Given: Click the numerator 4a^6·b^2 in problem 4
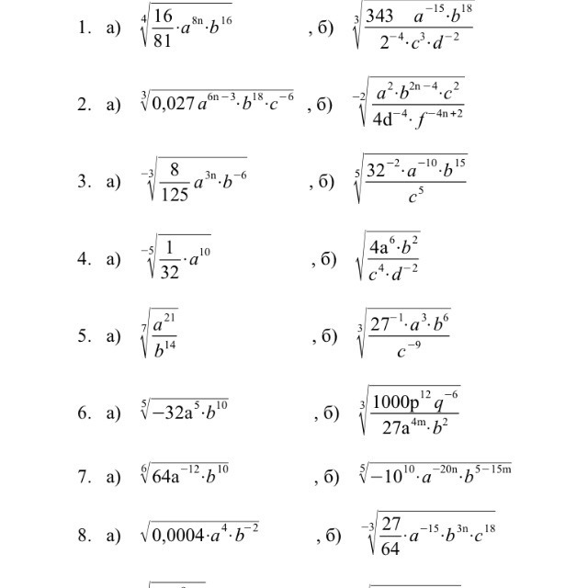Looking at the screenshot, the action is click(x=394, y=247).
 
